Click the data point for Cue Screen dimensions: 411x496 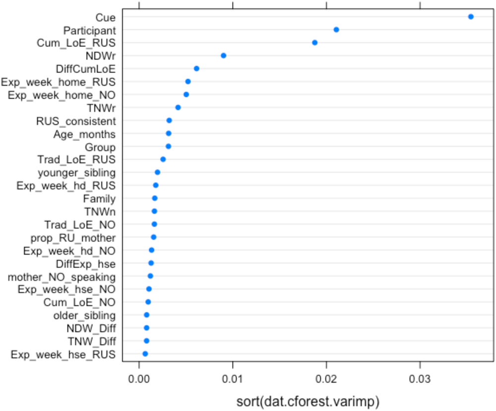click(471, 17)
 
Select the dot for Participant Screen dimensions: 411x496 click(336, 30)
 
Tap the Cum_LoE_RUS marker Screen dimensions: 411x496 click(314, 43)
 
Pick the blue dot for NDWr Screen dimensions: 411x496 click(224, 56)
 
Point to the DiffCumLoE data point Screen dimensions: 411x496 click(196, 68)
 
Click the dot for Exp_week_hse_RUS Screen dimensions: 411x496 click(145, 354)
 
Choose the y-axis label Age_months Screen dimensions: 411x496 click(84, 134)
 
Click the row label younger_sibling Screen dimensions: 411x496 click(77, 173)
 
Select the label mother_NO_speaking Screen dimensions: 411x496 click(62, 276)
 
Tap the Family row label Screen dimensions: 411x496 click(99, 199)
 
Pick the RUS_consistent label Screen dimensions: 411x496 click(76, 121)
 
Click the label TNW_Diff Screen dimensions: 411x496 click(91, 341)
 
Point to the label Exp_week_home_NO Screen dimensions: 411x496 click(62, 95)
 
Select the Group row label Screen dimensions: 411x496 click(100, 147)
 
